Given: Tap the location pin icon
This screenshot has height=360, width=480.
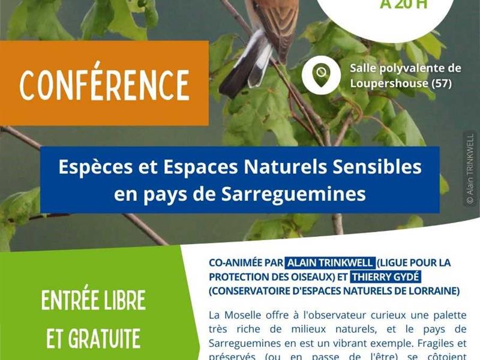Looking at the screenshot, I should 321,75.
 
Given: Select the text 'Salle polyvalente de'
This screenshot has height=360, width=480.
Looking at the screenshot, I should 405,68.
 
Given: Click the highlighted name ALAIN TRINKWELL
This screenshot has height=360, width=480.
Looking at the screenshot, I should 330,263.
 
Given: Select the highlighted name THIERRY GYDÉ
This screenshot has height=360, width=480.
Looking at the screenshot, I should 385,277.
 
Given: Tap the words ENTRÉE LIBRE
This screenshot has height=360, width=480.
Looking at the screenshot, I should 94,301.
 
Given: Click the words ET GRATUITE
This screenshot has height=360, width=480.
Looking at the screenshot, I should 94,338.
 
